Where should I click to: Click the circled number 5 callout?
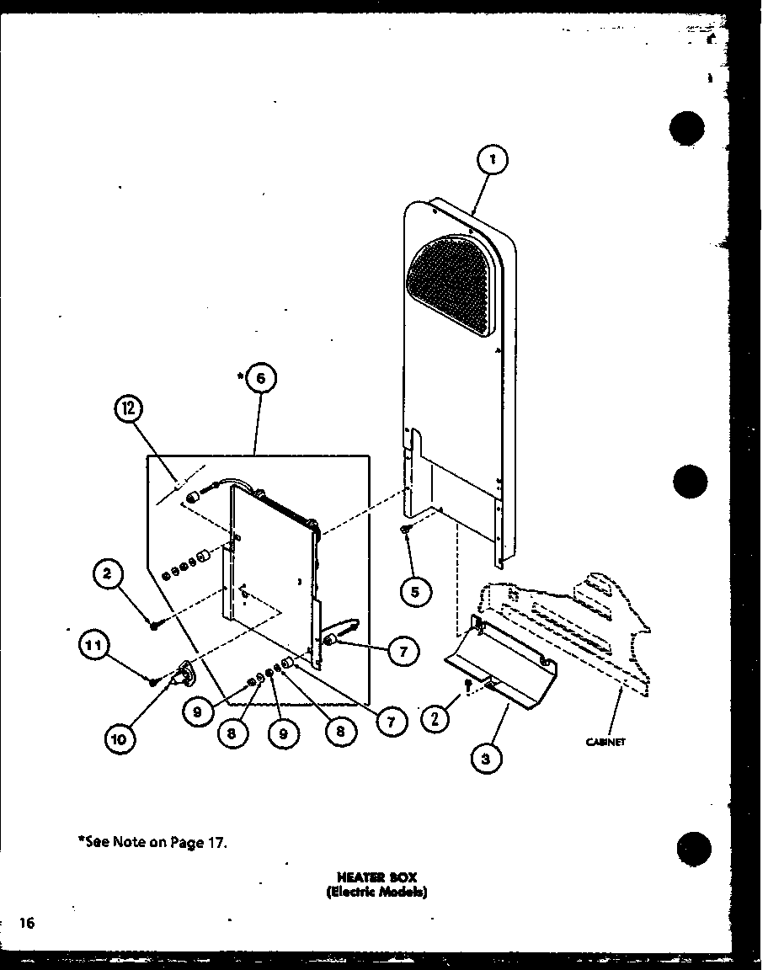[415, 592]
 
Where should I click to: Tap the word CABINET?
[606, 742]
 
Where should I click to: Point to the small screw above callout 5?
[406, 529]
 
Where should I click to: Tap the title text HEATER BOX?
[377, 877]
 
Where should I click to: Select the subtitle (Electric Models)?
[377, 893]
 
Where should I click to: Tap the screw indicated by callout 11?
[154, 680]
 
